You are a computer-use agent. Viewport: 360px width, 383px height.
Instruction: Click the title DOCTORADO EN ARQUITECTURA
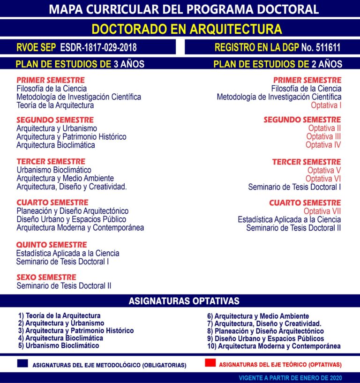coord(187,29)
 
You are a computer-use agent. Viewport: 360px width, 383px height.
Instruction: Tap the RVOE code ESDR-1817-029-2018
coord(98,48)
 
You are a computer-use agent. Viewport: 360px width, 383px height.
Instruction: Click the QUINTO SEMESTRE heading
coord(52,245)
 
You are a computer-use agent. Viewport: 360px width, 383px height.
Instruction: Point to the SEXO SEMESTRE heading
coord(46,277)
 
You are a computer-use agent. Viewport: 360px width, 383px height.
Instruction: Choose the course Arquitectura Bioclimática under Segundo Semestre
coord(56,145)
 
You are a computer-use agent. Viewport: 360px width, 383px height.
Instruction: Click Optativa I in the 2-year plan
coord(326,105)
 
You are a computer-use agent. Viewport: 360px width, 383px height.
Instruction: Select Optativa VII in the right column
coord(322,211)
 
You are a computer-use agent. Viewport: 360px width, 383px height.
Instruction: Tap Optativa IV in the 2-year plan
coord(323,145)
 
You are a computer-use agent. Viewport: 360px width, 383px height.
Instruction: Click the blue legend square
coord(22,363)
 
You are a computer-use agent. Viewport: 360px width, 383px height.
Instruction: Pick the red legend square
coord(210,363)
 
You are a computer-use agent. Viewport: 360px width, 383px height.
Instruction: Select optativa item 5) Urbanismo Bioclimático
coord(59,345)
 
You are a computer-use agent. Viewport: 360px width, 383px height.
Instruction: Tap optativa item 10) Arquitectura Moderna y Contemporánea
coord(274,346)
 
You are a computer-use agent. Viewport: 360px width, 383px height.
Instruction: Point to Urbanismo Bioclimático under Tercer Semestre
coord(54,170)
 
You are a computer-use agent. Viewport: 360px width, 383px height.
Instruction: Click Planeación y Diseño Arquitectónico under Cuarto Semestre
coord(72,211)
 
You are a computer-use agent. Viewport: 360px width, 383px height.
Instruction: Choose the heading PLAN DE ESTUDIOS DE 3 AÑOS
coord(80,64)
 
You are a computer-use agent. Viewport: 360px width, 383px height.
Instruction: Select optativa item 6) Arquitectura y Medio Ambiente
coord(258,316)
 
